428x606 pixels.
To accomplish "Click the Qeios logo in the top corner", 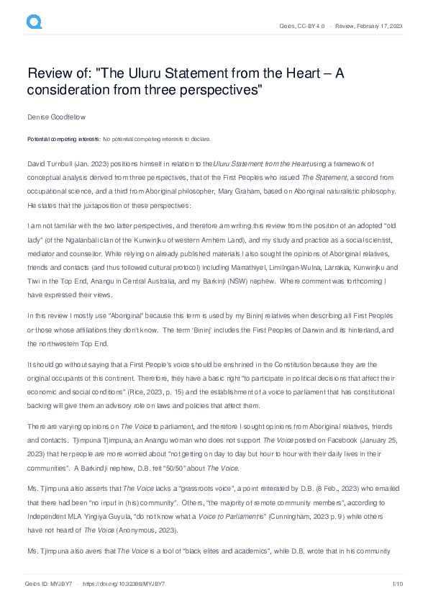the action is [34, 22].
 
